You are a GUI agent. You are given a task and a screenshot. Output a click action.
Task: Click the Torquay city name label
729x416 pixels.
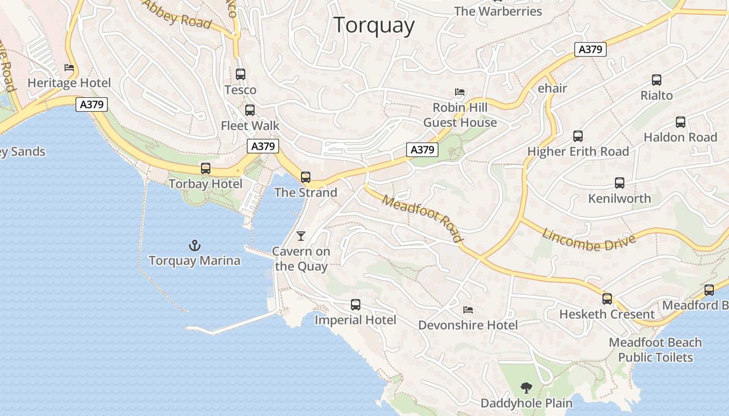(x=374, y=25)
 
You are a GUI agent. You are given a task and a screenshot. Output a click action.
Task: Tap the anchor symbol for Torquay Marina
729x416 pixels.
(x=194, y=245)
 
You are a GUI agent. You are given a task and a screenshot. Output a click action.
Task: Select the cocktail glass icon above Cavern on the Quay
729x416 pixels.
(x=301, y=236)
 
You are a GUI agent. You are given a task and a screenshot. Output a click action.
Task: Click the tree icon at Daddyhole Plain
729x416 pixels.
(x=526, y=387)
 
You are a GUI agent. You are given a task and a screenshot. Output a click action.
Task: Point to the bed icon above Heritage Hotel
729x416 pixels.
(x=69, y=68)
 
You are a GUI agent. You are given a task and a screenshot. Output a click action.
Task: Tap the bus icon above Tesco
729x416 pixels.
(x=240, y=74)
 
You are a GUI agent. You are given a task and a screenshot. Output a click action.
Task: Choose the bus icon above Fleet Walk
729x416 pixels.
(x=250, y=110)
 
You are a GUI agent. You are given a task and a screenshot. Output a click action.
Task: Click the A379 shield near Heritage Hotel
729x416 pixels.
(x=92, y=105)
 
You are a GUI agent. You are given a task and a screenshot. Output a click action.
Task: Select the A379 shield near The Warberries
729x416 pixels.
(x=590, y=49)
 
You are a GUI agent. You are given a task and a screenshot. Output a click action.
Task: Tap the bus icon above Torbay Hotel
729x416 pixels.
(x=206, y=168)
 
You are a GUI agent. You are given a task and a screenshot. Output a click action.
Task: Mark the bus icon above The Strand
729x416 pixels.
(x=306, y=177)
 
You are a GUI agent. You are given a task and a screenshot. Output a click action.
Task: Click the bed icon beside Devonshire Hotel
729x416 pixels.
(x=468, y=310)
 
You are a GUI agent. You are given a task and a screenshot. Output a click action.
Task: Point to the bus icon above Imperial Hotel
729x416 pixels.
(x=356, y=305)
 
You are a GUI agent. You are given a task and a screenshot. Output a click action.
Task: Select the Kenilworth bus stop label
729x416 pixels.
(x=619, y=199)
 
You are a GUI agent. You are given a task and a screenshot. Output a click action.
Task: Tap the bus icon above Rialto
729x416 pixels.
(x=657, y=80)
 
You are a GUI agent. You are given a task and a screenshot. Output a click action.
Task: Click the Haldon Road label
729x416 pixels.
(x=680, y=137)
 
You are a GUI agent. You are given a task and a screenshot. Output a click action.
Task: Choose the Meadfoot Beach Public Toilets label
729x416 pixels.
(x=655, y=350)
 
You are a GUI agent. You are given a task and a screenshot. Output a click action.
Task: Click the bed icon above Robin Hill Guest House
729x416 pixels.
(x=460, y=92)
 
